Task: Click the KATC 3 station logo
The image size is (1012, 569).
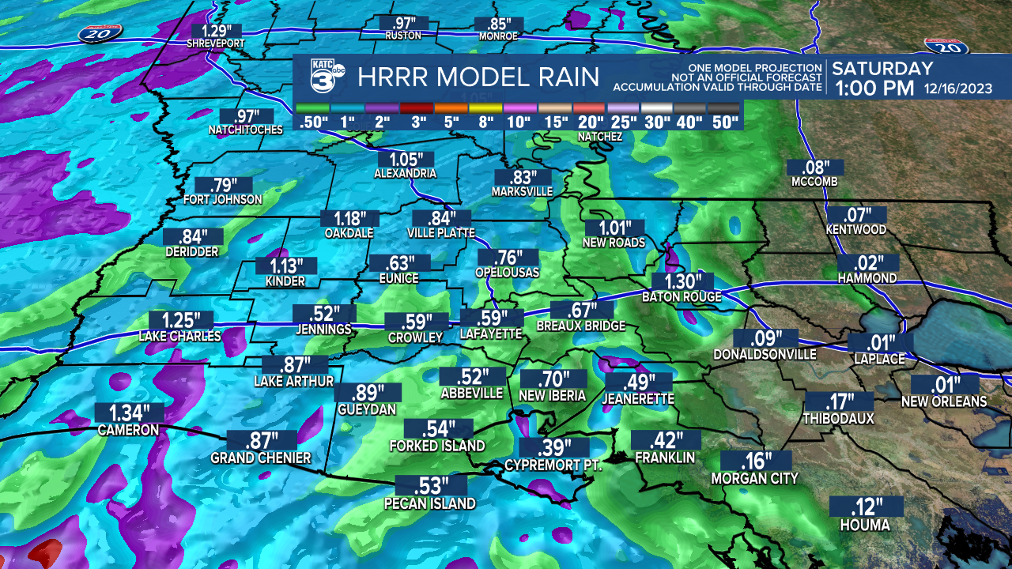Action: tap(324, 77)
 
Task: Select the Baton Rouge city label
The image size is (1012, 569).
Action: tap(682, 297)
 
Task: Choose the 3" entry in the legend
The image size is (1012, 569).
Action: tap(416, 122)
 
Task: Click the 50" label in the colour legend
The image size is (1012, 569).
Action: tap(723, 122)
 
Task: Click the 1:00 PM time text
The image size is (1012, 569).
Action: tap(873, 89)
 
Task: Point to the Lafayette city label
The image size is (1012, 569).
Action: tap(491, 334)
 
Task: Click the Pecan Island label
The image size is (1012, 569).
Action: tap(430, 503)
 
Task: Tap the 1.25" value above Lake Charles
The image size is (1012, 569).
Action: tap(179, 321)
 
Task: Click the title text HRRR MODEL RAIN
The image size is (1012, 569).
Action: tap(478, 77)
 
